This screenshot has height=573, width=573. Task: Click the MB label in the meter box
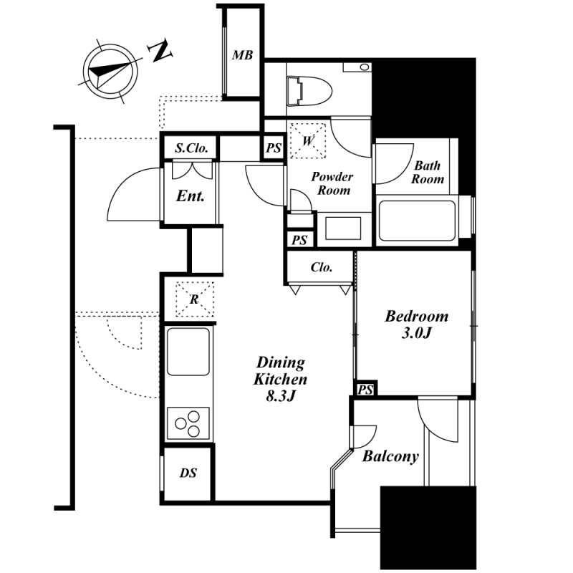(243, 55)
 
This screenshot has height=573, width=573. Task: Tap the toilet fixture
(309, 91)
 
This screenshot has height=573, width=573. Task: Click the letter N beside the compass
(160, 50)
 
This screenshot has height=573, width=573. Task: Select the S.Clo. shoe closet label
(191, 148)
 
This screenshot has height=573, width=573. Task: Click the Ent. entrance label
(190, 196)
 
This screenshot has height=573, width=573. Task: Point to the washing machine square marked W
(308, 140)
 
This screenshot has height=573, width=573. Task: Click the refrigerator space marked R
(194, 299)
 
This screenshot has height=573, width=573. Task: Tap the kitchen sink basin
(188, 351)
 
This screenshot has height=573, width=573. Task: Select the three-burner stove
(188, 423)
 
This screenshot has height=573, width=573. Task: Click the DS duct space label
(188, 473)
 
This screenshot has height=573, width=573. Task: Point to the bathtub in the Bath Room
(418, 221)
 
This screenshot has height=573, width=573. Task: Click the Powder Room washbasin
(343, 228)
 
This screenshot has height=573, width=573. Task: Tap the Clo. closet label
(322, 267)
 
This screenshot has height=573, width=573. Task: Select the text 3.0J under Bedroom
(417, 333)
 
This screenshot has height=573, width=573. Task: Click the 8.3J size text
(280, 396)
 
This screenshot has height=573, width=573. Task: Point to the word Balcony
(390, 456)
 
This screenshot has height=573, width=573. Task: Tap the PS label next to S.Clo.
(274, 148)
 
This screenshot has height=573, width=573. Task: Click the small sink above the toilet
(357, 67)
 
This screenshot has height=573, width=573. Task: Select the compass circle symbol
(110, 71)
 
